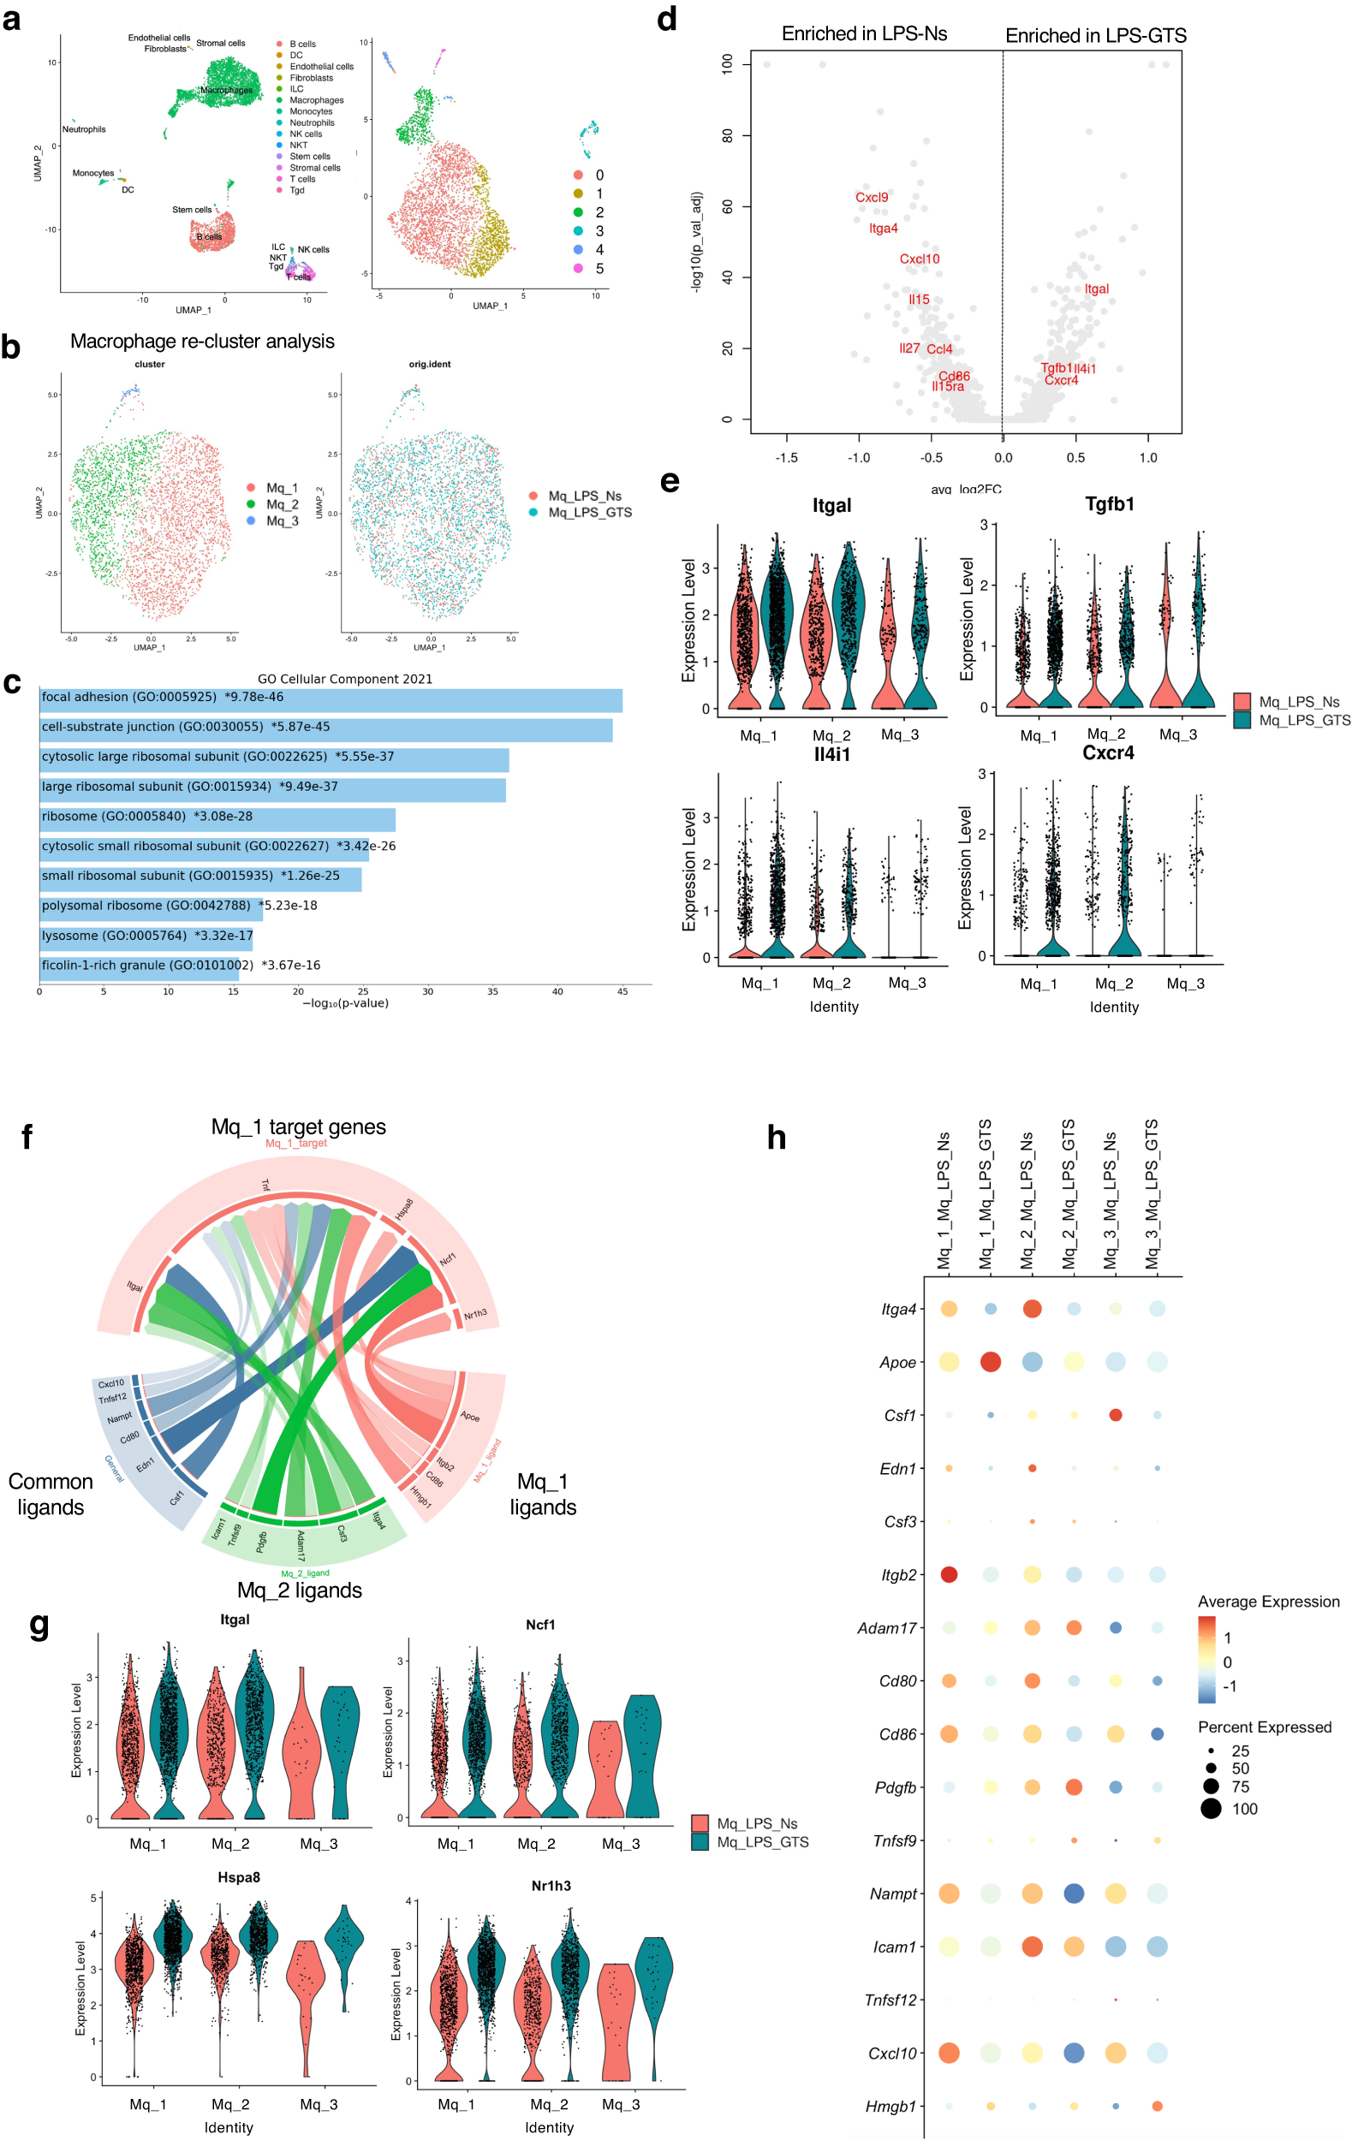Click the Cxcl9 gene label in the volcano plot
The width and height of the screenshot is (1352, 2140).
tap(871, 197)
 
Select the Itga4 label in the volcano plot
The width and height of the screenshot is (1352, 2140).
tap(883, 229)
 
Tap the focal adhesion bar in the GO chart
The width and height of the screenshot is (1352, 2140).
tap(330, 699)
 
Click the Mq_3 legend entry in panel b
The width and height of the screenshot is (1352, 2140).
tap(282, 520)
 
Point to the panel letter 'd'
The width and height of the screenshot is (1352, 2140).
tap(667, 20)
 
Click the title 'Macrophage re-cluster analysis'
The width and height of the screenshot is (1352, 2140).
tap(202, 342)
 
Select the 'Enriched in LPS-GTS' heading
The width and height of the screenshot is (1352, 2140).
tap(1095, 36)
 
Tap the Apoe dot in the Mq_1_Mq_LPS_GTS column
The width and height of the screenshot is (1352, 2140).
tap(989, 1362)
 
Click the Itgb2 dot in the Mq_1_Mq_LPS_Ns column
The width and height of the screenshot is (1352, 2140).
tap(949, 1574)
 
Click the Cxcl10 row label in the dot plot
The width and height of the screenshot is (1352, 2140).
tap(891, 2053)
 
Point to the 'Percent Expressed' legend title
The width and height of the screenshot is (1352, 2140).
tap(1264, 1727)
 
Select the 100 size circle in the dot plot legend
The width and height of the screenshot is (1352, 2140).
tap(1211, 1809)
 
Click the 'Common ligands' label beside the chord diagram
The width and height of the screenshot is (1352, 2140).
tap(51, 1494)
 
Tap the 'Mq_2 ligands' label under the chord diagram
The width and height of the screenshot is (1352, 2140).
tap(300, 1590)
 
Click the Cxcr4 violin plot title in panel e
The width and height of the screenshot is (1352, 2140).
tap(1108, 753)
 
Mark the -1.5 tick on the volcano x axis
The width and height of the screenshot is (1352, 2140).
tap(786, 458)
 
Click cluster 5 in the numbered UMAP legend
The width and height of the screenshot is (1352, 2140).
tap(599, 269)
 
